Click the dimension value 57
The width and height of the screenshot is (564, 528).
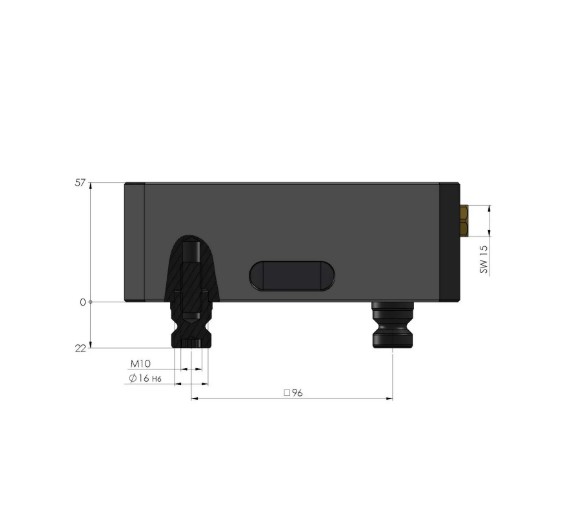[81, 183]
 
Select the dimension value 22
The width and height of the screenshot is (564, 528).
[81, 347]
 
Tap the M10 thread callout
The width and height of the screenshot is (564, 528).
[140, 363]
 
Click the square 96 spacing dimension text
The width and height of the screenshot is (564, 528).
[293, 393]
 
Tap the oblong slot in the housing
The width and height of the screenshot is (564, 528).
[292, 276]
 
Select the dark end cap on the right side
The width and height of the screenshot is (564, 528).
[450, 242]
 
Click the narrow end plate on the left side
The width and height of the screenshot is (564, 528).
[135, 242]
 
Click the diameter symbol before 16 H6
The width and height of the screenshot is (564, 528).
[133, 380]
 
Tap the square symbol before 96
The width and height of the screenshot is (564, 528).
[286, 393]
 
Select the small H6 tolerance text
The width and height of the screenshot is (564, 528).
[157, 381]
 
